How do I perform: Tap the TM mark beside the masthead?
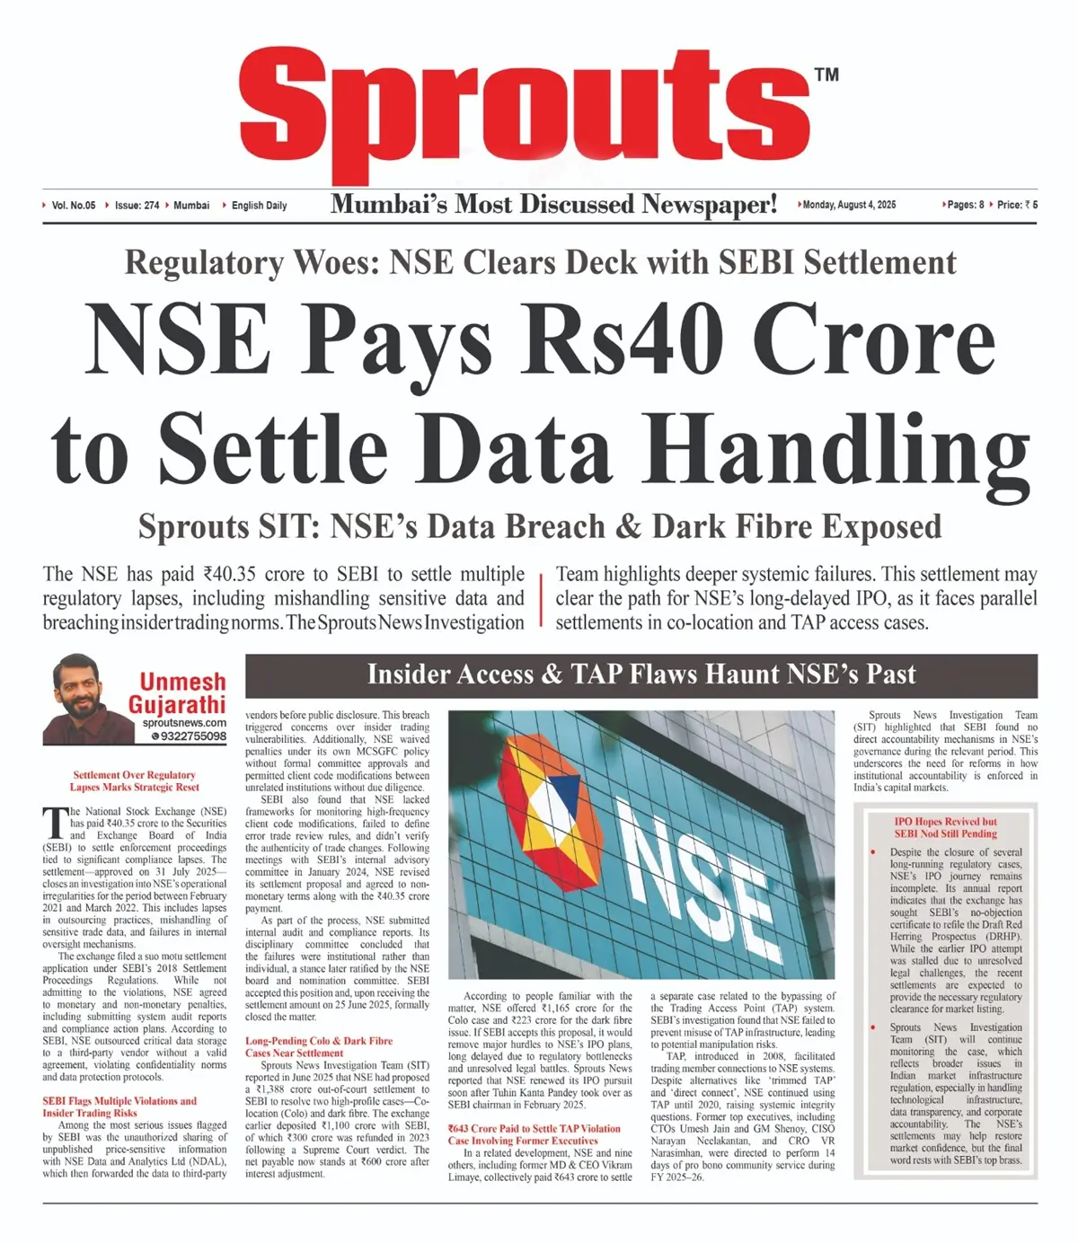[826, 75]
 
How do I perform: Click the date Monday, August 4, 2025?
[849, 205]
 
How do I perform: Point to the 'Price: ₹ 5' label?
[1017, 205]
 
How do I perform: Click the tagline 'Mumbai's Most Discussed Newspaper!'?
[553, 205]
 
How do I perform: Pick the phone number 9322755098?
[192, 736]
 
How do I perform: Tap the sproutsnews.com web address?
[183, 722]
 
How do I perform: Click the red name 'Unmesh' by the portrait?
[182, 682]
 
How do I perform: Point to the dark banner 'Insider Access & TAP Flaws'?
[641, 675]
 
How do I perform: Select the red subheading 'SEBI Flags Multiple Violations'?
[119, 1101]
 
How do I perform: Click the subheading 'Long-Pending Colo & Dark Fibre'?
[319, 1041]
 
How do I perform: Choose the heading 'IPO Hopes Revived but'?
[945, 821]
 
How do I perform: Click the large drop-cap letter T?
[55, 822]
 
